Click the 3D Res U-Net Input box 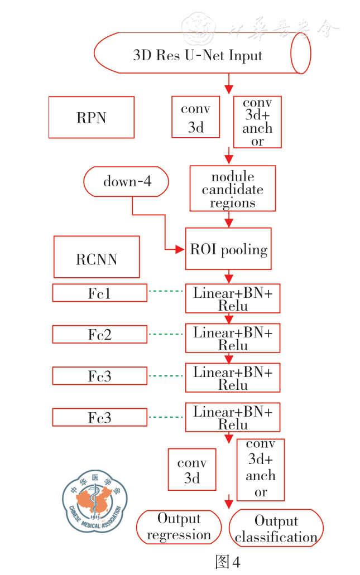pyautogui.click(x=198, y=55)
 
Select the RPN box pyautogui.click(x=91, y=117)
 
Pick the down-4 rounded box pyautogui.click(x=127, y=181)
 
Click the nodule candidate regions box pyautogui.click(x=232, y=189)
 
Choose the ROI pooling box pyautogui.click(x=228, y=249)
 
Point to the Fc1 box pyautogui.click(x=99, y=293)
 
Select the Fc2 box pyautogui.click(x=99, y=334)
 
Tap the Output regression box pyautogui.click(x=179, y=527)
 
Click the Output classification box pyautogui.click(x=276, y=528)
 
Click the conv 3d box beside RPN pyautogui.click(x=195, y=118)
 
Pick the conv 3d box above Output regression pyautogui.click(x=192, y=470)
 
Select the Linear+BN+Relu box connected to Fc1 pyautogui.click(x=233, y=298)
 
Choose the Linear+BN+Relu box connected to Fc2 pyautogui.click(x=233, y=338)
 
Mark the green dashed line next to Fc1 pyautogui.click(x=166, y=291)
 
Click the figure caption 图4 pyautogui.click(x=228, y=562)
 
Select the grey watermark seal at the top pyautogui.click(x=199, y=26)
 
